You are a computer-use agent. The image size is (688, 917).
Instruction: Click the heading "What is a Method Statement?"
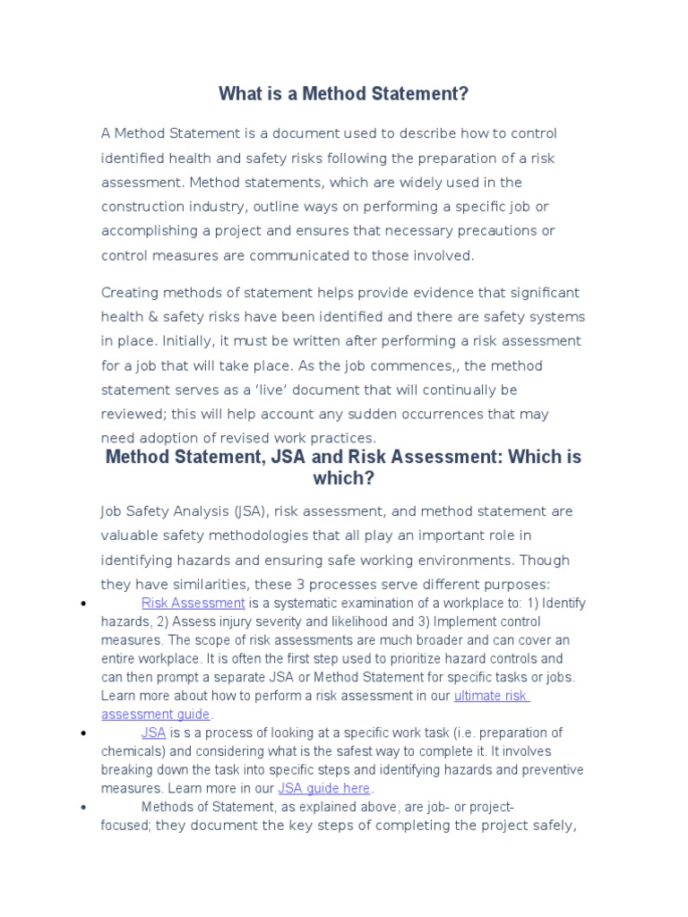(x=344, y=93)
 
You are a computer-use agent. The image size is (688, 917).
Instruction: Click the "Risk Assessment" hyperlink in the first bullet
(x=193, y=603)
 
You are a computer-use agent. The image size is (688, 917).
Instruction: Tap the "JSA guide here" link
(x=323, y=788)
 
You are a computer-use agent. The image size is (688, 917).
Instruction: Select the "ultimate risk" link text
(x=492, y=695)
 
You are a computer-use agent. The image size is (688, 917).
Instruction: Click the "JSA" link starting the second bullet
(x=153, y=733)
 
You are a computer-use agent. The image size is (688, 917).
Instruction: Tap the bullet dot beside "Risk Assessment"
(x=82, y=604)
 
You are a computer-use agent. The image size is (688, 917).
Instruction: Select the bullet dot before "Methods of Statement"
(x=82, y=808)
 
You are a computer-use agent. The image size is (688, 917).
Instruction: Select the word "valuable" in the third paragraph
(x=128, y=536)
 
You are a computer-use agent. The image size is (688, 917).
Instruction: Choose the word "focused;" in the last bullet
(x=125, y=826)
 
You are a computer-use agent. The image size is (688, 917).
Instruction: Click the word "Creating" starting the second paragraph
(x=130, y=293)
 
